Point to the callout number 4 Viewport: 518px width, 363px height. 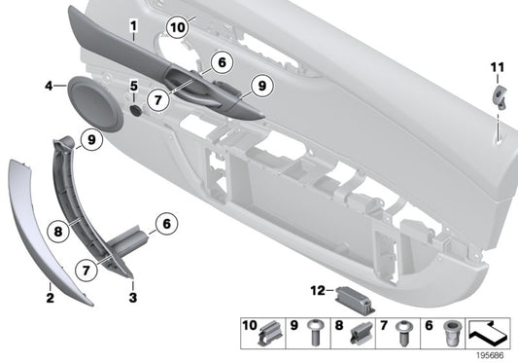pos(47,87)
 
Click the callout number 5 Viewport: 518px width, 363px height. pos(134,87)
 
